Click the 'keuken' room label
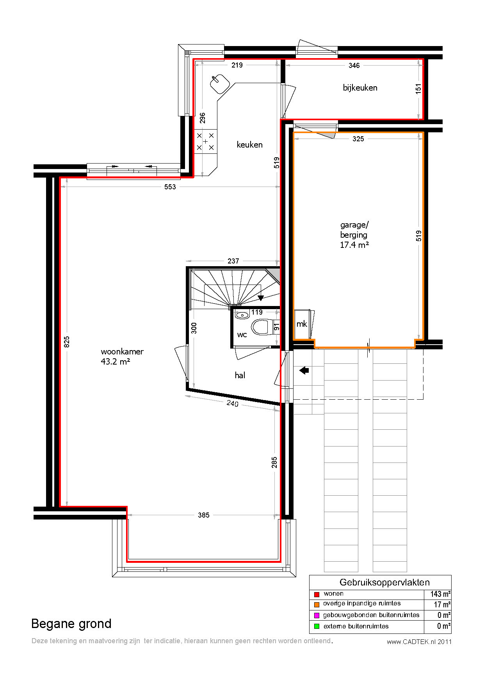tap(249, 145)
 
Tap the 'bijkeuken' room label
tap(360, 88)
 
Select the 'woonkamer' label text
tap(122, 352)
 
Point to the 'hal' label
tap(240, 375)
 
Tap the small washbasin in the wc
tap(242, 315)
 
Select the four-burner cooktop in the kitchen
tap(205, 141)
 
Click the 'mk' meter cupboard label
tap(302, 324)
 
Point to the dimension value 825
tap(67, 342)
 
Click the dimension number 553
tap(170, 187)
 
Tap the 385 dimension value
tap(204, 515)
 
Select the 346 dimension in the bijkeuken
tap(354, 66)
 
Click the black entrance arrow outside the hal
tap(304, 370)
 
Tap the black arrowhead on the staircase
tap(261, 298)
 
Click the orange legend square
tap(317, 605)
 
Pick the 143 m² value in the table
tap(441, 594)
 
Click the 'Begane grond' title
tap(71, 624)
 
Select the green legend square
tap(317, 626)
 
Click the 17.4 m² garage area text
tap(354, 245)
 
